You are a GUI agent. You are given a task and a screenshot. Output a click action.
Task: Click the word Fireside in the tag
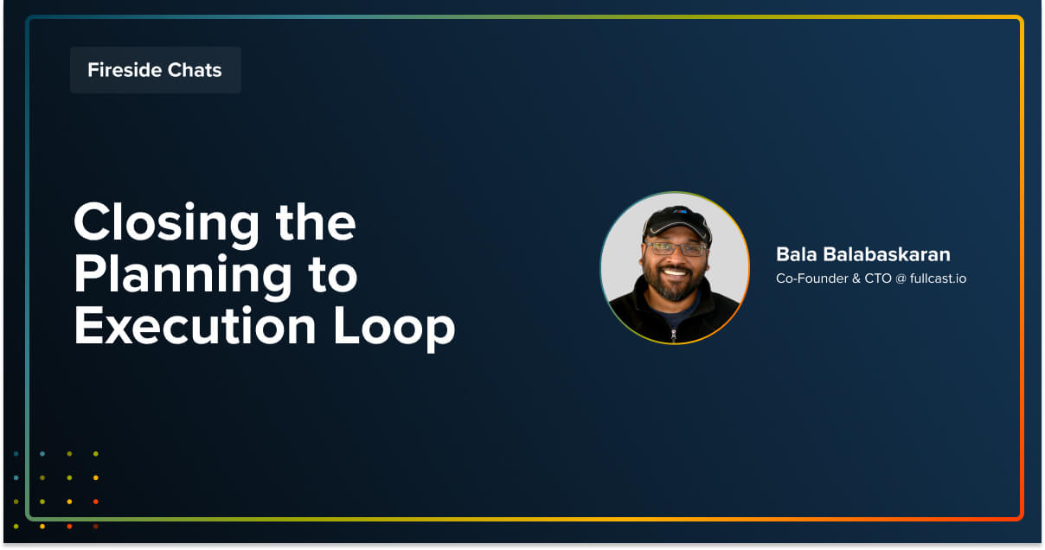click(124, 70)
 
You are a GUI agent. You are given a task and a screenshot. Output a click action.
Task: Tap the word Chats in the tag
click(195, 70)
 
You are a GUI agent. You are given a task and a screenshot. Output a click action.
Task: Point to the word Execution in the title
click(195, 326)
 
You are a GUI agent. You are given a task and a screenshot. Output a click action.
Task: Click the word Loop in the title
click(394, 329)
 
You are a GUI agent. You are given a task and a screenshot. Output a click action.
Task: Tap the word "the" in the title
click(316, 222)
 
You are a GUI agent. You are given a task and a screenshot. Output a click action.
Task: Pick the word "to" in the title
click(333, 276)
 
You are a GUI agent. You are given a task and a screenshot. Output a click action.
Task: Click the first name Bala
click(797, 255)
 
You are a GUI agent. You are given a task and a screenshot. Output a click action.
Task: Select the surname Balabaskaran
click(887, 255)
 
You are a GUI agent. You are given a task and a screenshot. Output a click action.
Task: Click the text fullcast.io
click(938, 278)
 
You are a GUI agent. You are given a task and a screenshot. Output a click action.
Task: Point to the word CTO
click(877, 278)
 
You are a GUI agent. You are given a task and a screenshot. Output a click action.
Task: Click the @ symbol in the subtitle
click(901, 279)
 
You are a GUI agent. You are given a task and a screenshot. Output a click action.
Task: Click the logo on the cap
click(680, 211)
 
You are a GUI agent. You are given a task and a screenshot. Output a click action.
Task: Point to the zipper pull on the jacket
click(674, 335)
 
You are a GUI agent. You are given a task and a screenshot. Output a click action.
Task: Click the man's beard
click(674, 284)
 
